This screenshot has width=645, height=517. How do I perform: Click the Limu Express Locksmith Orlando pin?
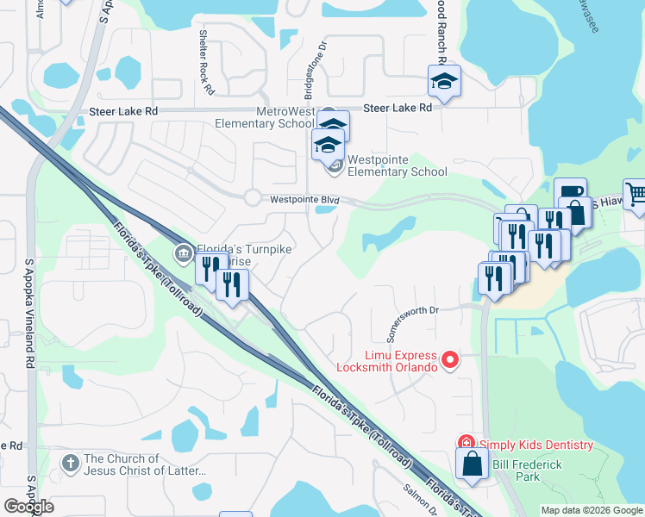coord(448,359)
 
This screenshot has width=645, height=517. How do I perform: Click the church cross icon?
coord(71,464)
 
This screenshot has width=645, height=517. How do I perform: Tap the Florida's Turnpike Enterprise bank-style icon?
coord(183,252)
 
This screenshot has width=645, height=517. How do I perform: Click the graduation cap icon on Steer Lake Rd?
coord(444,82)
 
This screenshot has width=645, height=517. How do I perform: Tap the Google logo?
coord(28,507)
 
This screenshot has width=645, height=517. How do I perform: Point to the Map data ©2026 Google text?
coord(591,510)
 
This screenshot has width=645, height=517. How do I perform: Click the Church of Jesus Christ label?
coord(145,464)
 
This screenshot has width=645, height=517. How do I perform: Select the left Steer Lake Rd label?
coord(124,112)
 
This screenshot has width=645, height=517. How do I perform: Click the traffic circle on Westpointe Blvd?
coord(251,197)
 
